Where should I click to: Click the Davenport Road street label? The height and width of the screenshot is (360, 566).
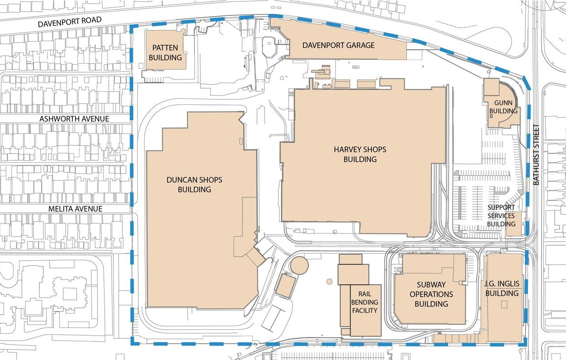tap(70, 21)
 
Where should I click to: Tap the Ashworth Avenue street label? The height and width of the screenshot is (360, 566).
tap(74, 119)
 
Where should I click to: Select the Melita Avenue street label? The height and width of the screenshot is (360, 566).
tap(75, 209)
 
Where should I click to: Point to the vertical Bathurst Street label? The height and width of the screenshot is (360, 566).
tap(537, 155)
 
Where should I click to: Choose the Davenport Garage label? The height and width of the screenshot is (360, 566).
tap(338, 45)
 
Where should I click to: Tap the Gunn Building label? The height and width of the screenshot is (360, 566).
tap(503, 107)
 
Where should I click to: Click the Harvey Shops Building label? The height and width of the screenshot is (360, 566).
tap(360, 154)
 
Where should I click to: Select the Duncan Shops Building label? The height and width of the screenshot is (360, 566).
tap(194, 184)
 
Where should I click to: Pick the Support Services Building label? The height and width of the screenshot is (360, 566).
tap(501, 215)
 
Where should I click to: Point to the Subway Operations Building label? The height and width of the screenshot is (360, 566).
tap(431, 294)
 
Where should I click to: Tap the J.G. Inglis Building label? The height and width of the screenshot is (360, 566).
tap(502, 288)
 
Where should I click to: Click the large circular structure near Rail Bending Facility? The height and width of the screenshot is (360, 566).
tap(299, 265)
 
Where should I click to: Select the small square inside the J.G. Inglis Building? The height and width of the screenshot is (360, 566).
tap(504, 305)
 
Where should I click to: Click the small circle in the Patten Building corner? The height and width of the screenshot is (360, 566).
tap(183, 31)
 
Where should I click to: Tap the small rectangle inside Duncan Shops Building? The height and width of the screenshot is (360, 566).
tap(241, 141)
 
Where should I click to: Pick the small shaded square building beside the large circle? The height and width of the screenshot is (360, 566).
tap(285, 286)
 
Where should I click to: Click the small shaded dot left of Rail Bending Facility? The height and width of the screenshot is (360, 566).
tap(329, 281)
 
